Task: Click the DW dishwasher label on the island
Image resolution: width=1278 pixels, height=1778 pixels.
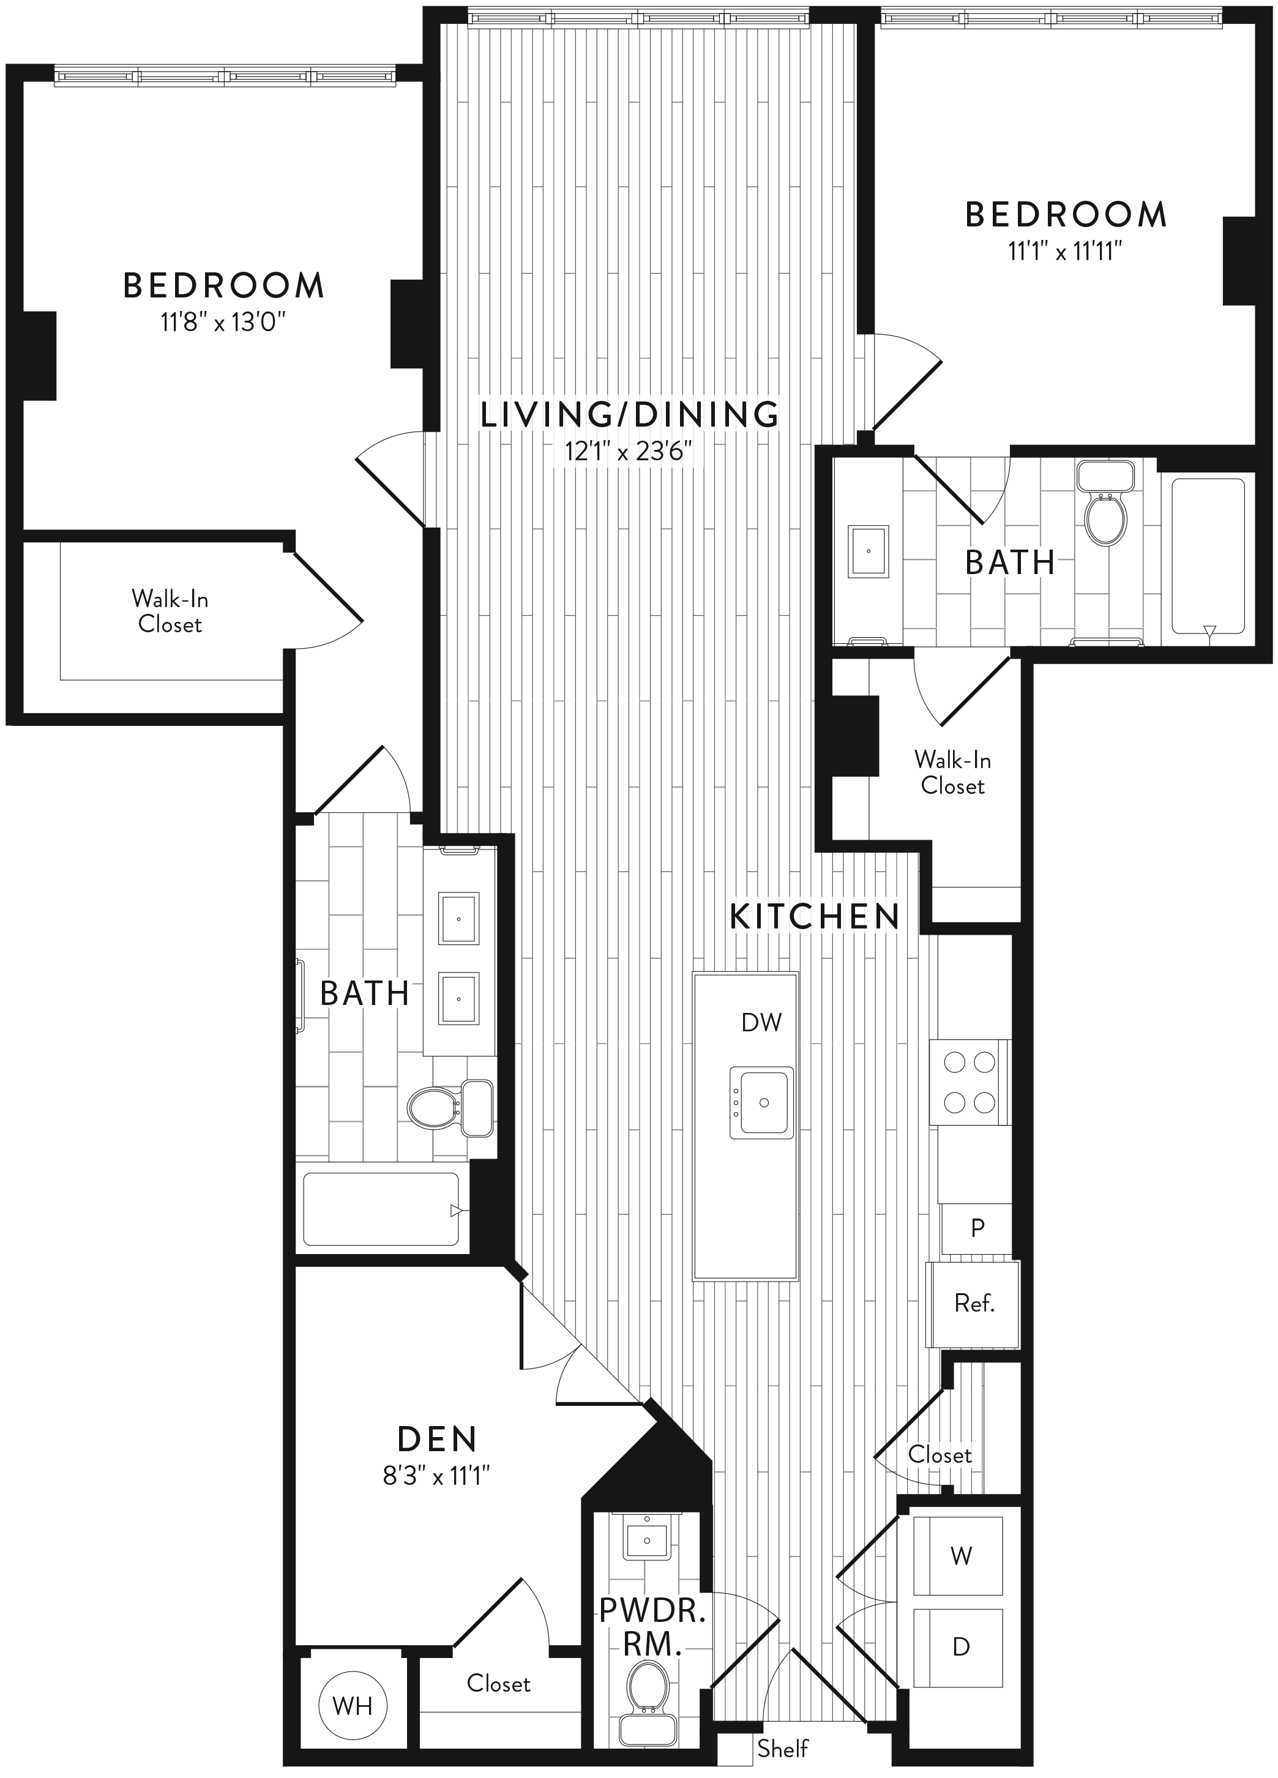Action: tap(761, 1022)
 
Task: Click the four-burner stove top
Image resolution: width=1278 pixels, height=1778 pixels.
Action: tap(969, 1083)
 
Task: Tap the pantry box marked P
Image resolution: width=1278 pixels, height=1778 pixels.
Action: tap(976, 1228)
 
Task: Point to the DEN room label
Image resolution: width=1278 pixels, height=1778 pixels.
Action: tap(437, 1440)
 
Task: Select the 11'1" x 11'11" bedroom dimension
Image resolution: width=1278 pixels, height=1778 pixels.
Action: tap(1066, 252)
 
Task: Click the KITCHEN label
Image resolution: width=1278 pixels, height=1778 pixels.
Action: tap(815, 917)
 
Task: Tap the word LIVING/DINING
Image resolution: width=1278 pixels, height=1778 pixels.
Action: tap(630, 414)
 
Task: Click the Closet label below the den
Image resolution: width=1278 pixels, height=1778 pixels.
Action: tap(499, 1683)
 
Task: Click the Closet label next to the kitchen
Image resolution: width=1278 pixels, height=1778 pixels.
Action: tap(940, 1454)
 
